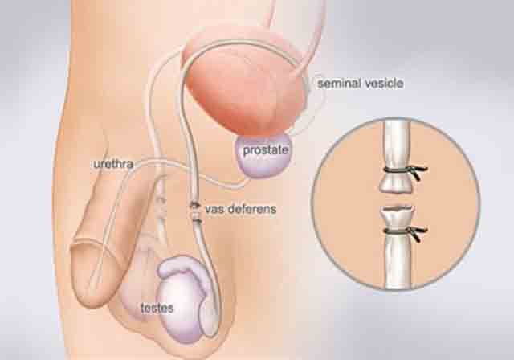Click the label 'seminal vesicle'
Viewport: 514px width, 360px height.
pos(361,84)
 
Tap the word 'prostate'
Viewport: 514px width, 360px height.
pos(266,150)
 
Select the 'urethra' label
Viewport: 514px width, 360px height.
pos(113,164)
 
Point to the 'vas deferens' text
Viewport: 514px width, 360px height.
pos(241,209)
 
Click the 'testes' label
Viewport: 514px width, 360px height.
pos(157,308)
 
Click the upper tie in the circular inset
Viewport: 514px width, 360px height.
pos(406,171)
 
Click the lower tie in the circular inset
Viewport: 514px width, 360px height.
pos(406,231)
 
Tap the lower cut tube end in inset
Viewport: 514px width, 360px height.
pos(398,216)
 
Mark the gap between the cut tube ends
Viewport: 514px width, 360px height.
pos(396,199)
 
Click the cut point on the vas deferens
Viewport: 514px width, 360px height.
pos(195,213)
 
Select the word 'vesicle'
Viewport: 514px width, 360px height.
pos(384,84)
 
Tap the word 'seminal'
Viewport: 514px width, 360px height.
pos(339,84)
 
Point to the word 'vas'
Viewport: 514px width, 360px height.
pos(215,209)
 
